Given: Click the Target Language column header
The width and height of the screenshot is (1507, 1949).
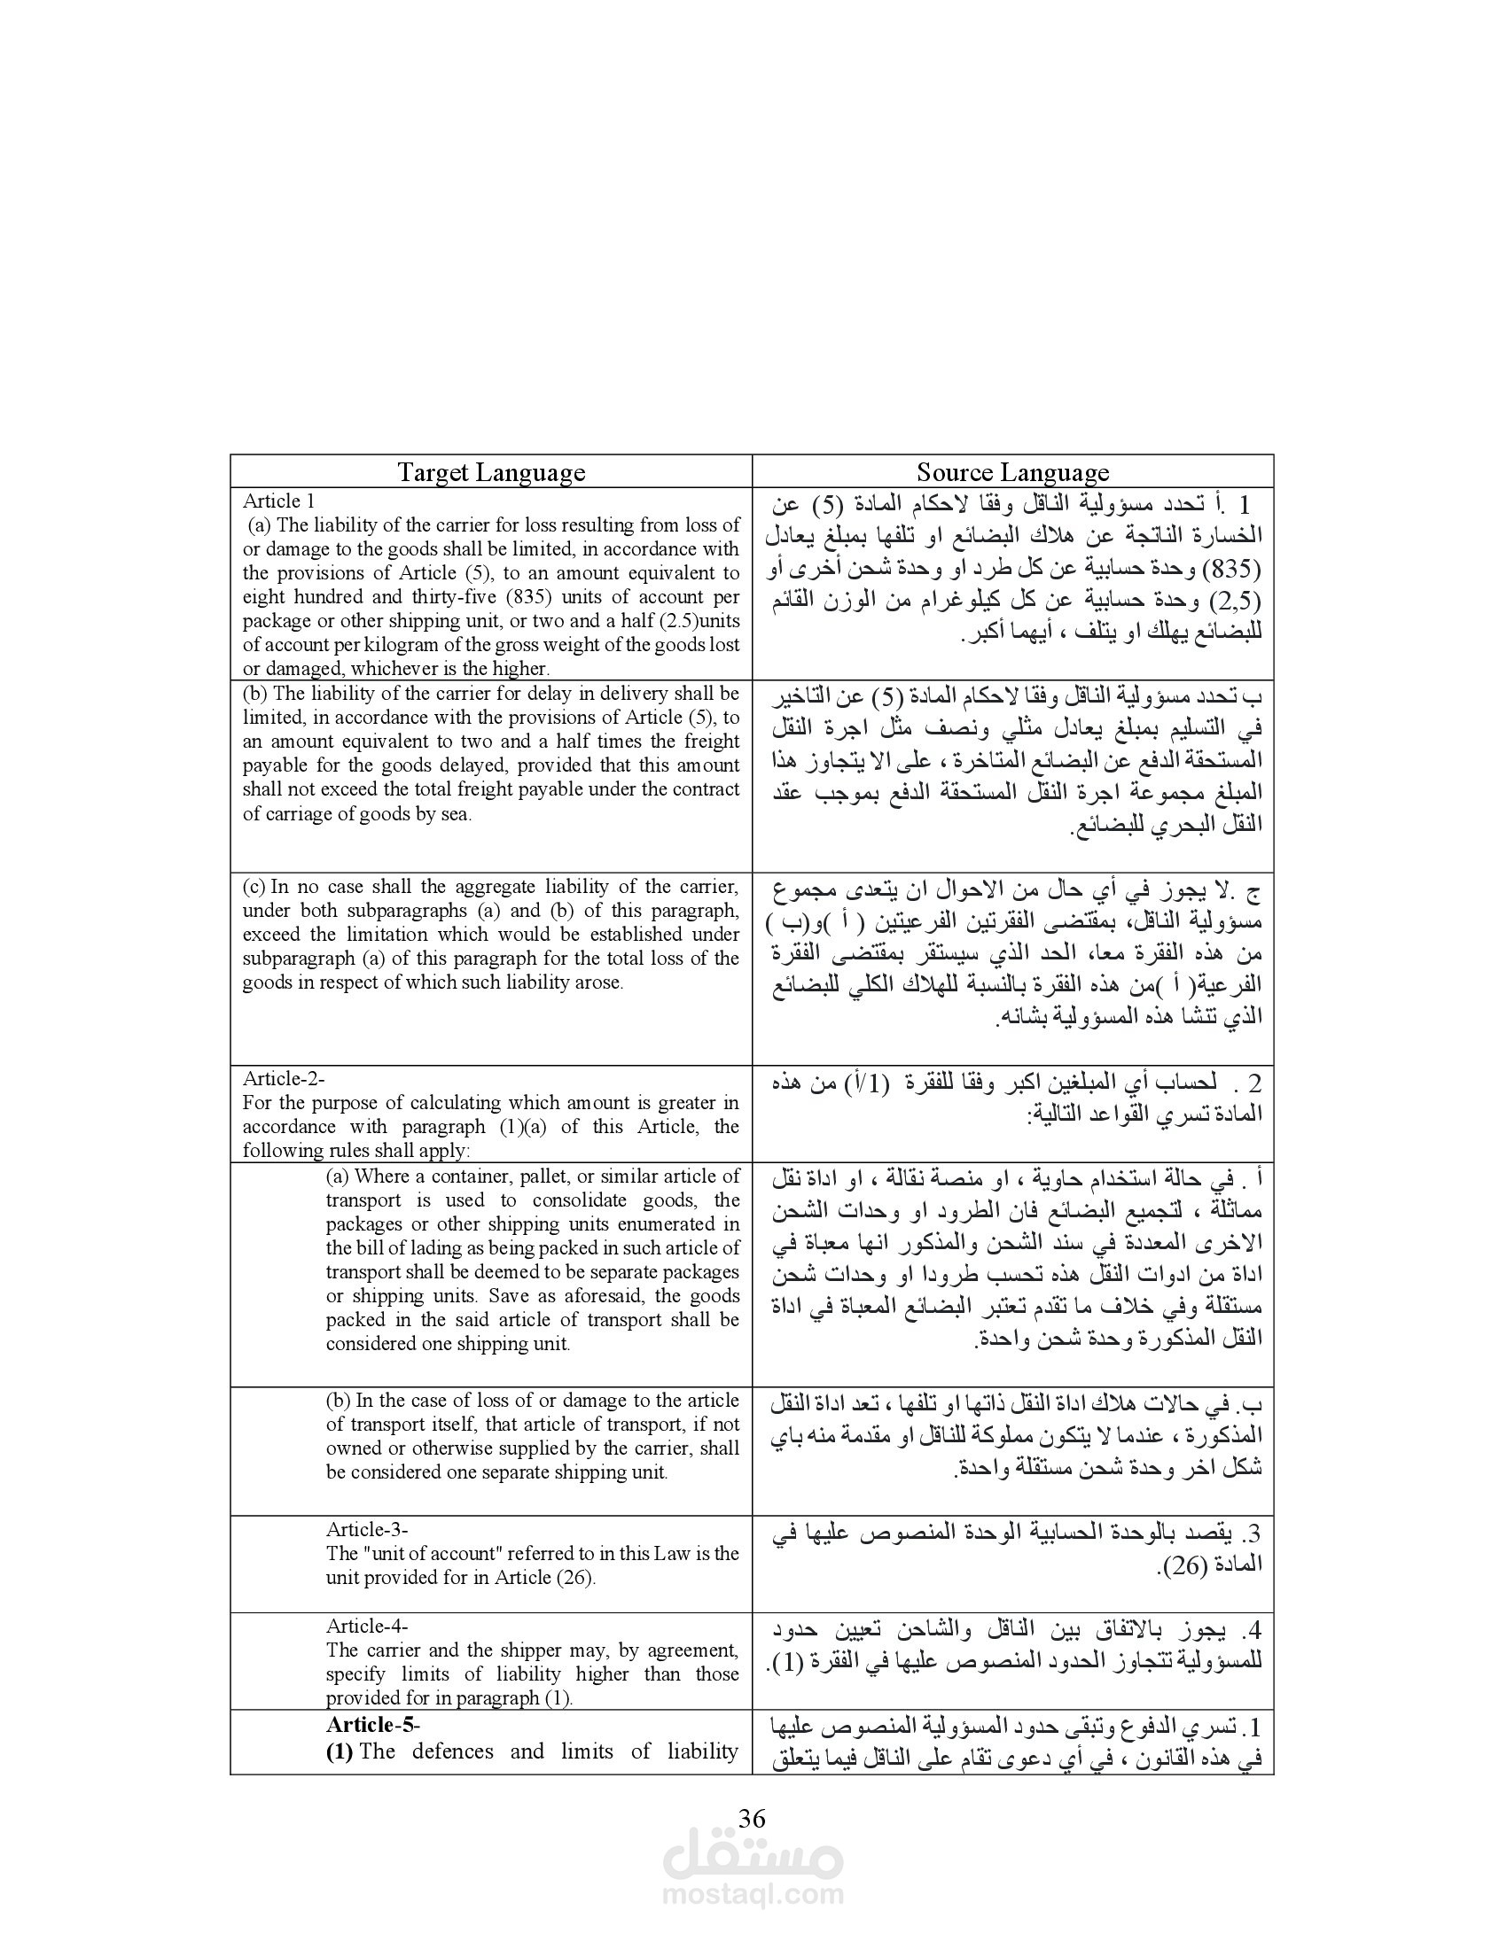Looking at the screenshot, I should (491, 472).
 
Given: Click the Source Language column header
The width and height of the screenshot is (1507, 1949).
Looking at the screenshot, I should (1012, 472).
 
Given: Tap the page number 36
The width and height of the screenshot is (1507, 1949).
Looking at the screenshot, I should (752, 1818).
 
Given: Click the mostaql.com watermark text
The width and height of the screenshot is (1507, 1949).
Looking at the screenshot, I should (753, 1895).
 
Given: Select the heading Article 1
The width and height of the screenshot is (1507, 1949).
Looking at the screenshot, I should (278, 501).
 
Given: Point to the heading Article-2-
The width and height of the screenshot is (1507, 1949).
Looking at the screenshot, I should (284, 1078).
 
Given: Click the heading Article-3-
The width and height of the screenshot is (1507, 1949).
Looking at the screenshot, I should (367, 1529).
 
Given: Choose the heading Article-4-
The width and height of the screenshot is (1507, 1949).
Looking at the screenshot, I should (367, 1626).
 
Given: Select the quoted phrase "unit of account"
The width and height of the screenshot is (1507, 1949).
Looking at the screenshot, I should (432, 1553).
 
